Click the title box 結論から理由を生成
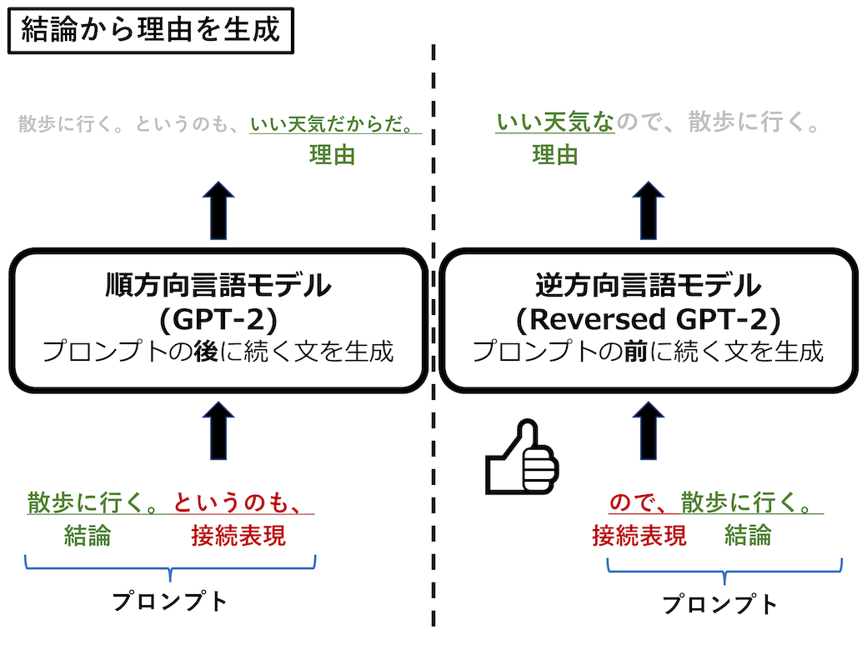[x=150, y=31]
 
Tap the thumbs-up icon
[x=521, y=457]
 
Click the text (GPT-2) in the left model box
[x=218, y=319]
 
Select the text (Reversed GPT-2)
[x=648, y=319]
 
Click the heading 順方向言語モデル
[x=218, y=285]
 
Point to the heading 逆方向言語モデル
[x=648, y=285]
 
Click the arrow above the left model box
[x=218, y=211]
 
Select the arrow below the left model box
[x=218, y=431]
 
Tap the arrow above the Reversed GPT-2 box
[x=648, y=211]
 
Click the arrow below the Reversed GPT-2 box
[x=648, y=431]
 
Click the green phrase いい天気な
[x=554, y=122]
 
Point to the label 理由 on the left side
[x=332, y=155]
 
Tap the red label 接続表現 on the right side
[x=639, y=536]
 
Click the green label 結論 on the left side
[x=88, y=536]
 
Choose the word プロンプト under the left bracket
[x=170, y=602]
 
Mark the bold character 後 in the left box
[x=206, y=352]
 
